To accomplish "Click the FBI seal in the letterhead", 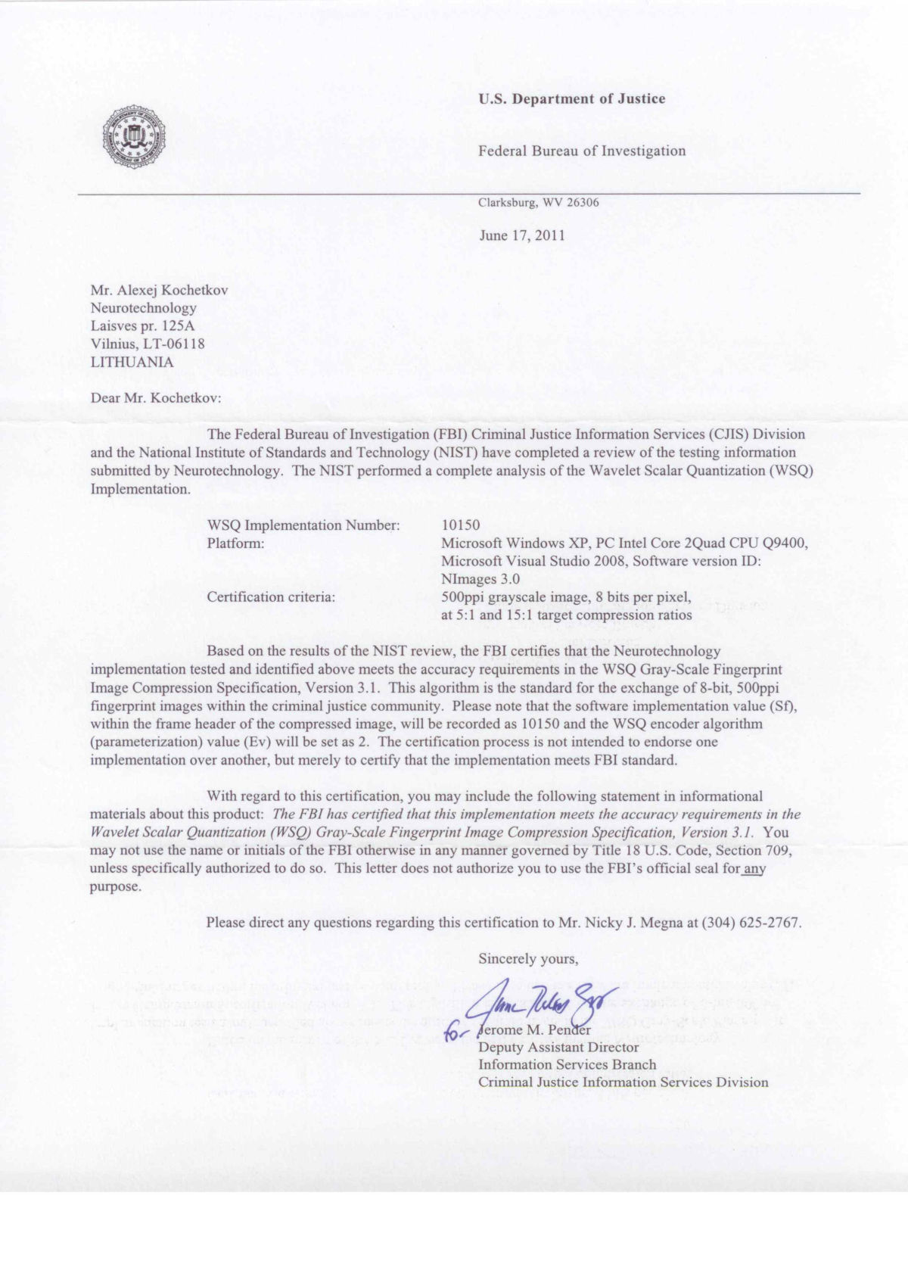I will (x=134, y=137).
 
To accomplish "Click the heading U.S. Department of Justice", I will (x=571, y=98).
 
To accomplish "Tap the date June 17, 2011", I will (x=522, y=235).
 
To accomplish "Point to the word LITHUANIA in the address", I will (x=132, y=362).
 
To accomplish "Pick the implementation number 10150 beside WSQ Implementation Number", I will (x=460, y=525).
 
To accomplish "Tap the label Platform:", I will (x=235, y=543).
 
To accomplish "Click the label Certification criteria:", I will (x=270, y=597).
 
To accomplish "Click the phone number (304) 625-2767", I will (x=751, y=923).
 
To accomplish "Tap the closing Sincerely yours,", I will (x=528, y=959).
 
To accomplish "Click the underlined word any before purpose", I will (x=754, y=869).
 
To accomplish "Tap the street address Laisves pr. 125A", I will (x=142, y=326).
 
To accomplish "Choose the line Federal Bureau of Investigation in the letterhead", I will (x=581, y=151).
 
